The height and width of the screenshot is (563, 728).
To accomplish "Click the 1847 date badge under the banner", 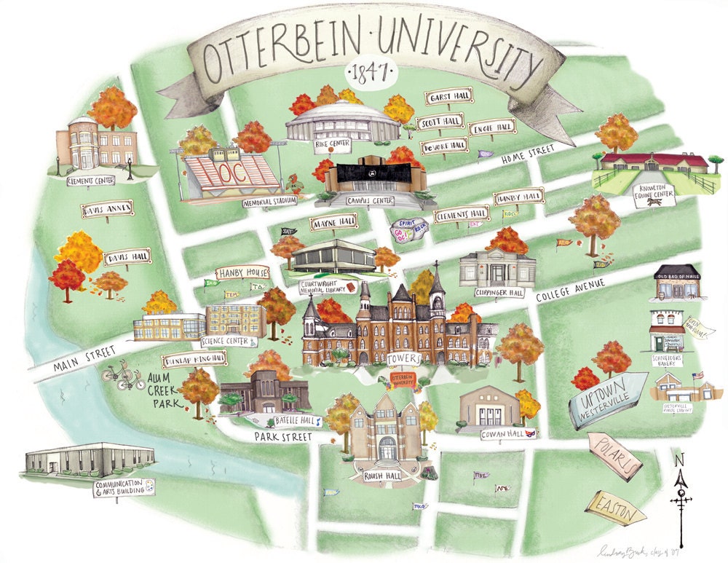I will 369,73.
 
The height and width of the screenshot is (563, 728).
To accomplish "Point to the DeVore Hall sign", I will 444,146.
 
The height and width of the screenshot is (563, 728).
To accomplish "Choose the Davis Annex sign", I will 107,210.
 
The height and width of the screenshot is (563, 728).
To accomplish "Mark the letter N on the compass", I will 679,460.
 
